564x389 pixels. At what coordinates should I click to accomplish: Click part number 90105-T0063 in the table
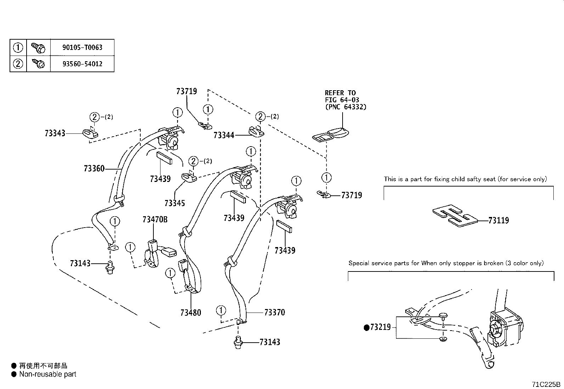82,47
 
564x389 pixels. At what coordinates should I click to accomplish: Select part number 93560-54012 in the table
82,64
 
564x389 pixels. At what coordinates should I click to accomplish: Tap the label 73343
55,133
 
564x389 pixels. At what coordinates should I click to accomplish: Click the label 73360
94,168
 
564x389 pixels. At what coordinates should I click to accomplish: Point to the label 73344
224,135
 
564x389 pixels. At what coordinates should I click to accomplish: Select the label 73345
175,203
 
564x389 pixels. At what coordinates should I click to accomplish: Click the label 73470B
155,219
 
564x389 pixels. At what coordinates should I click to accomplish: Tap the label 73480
191,313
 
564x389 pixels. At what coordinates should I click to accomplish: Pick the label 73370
275,313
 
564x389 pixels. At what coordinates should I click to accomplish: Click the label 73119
498,221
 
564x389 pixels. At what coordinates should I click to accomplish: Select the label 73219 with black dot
378,327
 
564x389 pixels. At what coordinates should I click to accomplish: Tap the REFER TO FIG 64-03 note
345,100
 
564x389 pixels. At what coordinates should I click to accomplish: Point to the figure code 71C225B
546,384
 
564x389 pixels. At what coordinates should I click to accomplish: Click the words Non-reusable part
47,374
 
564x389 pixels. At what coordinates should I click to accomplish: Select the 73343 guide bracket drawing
91,133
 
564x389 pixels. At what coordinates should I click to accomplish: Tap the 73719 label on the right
351,195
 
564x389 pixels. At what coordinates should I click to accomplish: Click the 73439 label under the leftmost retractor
160,179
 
